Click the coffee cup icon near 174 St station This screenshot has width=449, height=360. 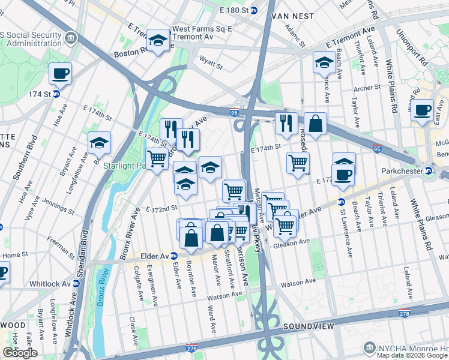(x=60, y=74)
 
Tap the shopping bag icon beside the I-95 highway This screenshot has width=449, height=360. (x=315, y=124)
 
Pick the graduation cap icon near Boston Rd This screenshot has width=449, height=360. (x=158, y=40)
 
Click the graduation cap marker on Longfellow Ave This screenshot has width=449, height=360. (x=99, y=143)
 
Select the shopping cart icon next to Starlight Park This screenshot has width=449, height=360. (x=157, y=159)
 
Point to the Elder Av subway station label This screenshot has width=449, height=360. (x=157, y=255)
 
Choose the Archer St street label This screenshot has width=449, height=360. (x=367, y=88)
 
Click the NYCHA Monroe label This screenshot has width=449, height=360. (x=408, y=348)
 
